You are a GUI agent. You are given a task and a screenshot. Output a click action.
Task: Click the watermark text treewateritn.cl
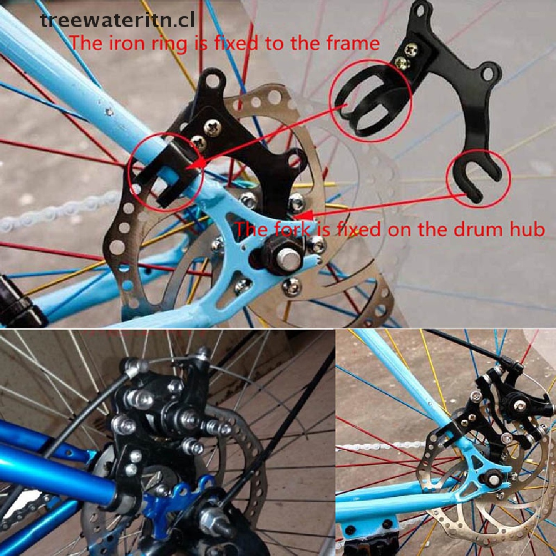pyautogui.click(x=118, y=20)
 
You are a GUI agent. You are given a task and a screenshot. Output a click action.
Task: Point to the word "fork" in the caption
pyautogui.click(x=290, y=229)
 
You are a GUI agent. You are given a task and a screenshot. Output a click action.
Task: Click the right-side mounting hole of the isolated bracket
pyautogui.click(x=489, y=73)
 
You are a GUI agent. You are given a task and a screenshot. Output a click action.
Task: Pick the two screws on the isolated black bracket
pyautogui.click(x=408, y=56)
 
